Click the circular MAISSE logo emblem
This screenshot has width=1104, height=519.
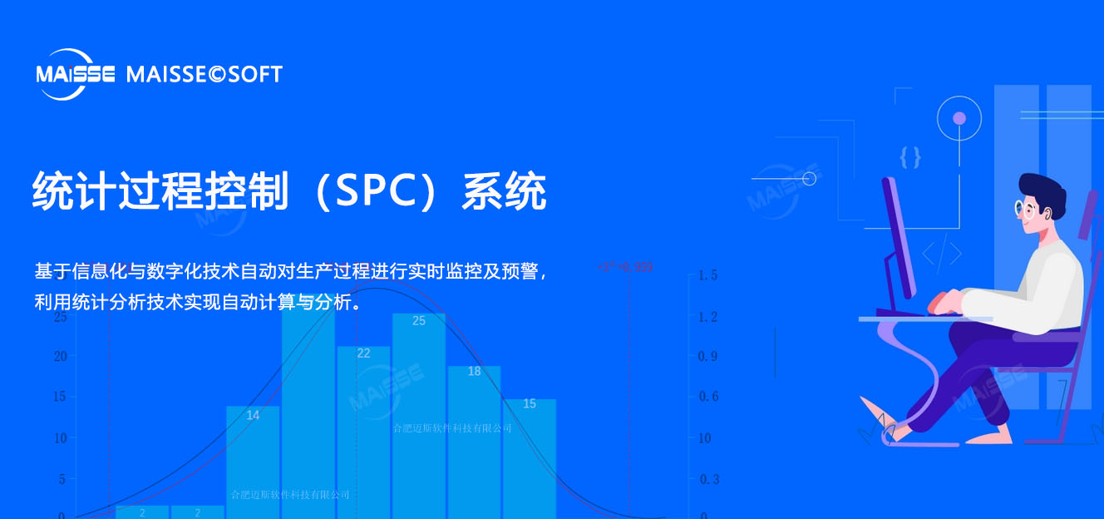tap(76, 75)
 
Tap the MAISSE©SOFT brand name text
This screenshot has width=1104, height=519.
tap(205, 75)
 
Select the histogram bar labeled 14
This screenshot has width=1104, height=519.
tap(253, 462)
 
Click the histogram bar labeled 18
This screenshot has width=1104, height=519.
tap(474, 441)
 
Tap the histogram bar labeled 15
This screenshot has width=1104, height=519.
tap(530, 457)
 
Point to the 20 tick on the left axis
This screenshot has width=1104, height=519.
tap(60, 356)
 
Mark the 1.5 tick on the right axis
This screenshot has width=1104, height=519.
tap(707, 275)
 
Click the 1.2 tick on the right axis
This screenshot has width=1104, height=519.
tap(707, 317)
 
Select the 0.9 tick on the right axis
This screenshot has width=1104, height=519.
tap(708, 356)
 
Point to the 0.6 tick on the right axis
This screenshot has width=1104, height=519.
tap(708, 397)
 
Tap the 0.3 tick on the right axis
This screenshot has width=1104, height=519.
tap(708, 479)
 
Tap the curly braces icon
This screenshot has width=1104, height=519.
tap(910, 156)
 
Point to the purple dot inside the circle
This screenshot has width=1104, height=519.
tap(959, 118)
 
